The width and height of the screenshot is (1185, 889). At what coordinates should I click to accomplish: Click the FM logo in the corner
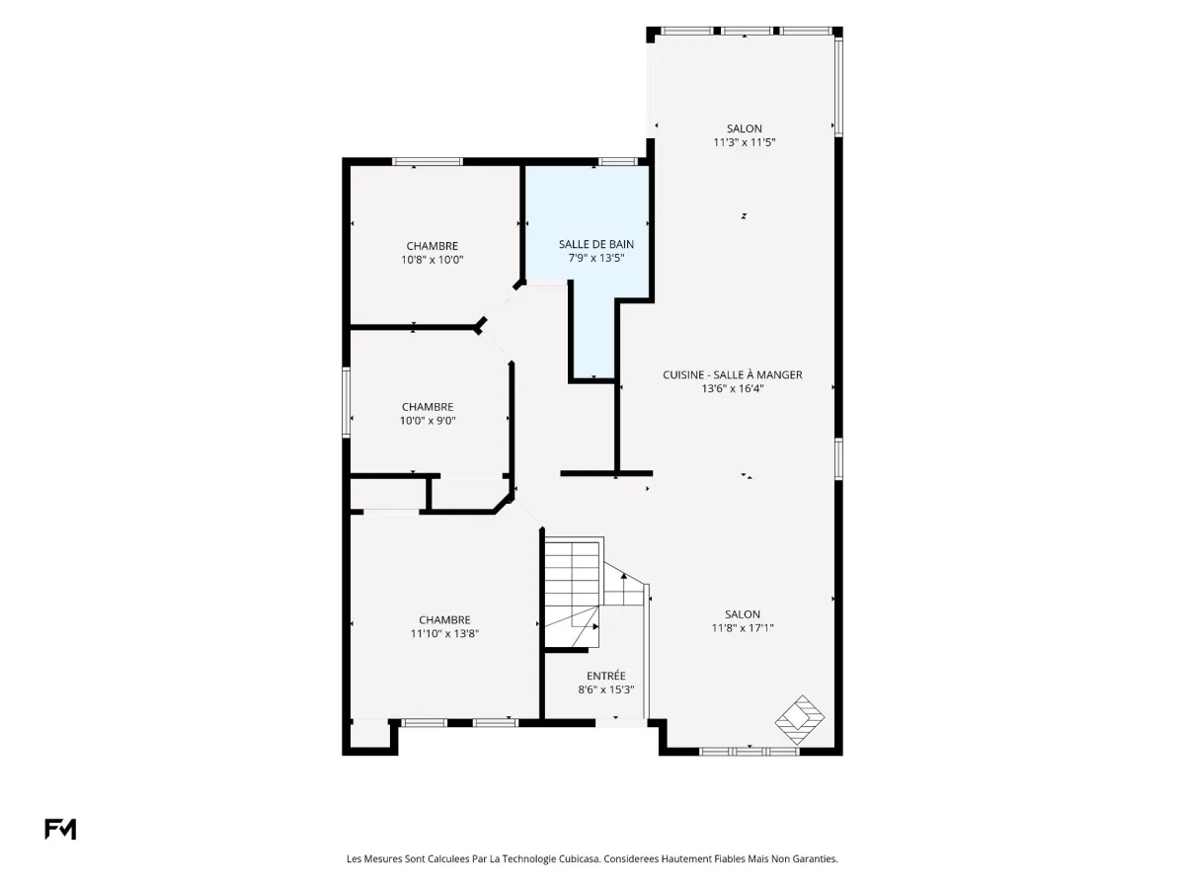(60, 828)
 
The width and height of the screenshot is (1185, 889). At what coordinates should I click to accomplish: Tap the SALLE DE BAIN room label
(596, 245)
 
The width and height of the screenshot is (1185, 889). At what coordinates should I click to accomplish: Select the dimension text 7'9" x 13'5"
(596, 258)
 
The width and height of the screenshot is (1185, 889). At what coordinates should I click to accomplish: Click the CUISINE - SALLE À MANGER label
(732, 374)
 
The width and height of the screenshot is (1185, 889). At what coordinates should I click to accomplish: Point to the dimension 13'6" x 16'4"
(732, 388)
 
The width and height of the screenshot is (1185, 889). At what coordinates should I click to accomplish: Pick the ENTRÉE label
(605, 676)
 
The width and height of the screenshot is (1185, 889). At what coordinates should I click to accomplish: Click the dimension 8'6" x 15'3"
(605, 689)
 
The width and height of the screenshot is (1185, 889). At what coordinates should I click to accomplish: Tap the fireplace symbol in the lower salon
(799, 720)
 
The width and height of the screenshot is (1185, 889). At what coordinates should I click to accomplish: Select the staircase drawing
(594, 594)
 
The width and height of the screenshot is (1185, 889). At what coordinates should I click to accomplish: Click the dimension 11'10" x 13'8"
(444, 634)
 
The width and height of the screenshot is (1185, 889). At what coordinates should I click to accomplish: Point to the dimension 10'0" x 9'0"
(428, 421)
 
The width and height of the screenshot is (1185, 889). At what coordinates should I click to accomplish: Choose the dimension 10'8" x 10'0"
(432, 260)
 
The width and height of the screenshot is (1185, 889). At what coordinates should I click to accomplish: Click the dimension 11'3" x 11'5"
(744, 142)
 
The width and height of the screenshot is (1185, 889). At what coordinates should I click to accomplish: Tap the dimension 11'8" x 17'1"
(743, 628)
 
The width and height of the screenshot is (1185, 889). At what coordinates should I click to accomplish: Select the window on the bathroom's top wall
(618, 161)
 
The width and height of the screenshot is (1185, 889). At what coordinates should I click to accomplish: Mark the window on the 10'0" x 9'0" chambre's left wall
(346, 402)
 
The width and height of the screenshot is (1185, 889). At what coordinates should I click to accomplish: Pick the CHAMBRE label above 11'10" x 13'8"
(444, 620)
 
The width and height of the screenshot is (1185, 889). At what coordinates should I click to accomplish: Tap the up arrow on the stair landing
(623, 589)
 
